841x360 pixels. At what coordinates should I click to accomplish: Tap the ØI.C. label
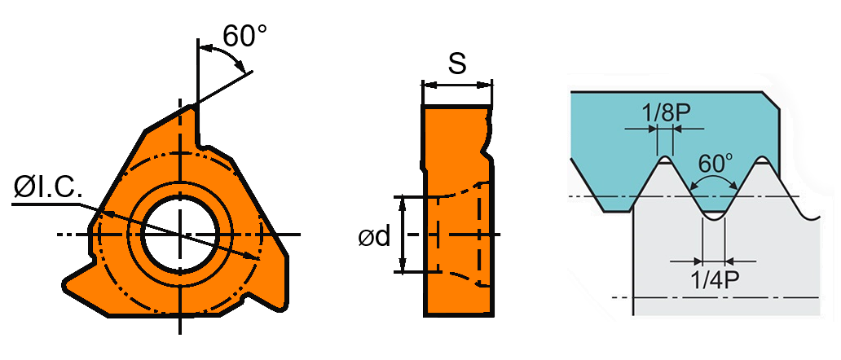point(47,189)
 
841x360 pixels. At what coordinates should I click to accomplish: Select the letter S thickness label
point(458,64)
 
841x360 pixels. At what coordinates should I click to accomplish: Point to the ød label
point(373,236)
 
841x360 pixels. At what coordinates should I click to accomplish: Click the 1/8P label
point(661,112)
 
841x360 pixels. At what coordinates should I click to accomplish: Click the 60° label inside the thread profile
point(715,163)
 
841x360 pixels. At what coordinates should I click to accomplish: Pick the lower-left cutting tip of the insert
point(68,285)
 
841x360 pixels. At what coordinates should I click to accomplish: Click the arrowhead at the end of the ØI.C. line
point(258,257)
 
